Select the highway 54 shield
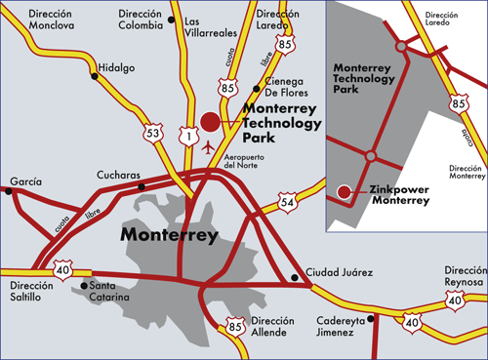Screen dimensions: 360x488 [x=286, y=201]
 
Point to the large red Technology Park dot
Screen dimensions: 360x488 [x=210, y=121]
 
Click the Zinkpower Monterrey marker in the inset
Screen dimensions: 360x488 [x=343, y=190]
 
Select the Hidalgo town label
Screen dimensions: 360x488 [x=116, y=67]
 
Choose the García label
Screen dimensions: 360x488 [x=26, y=182]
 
